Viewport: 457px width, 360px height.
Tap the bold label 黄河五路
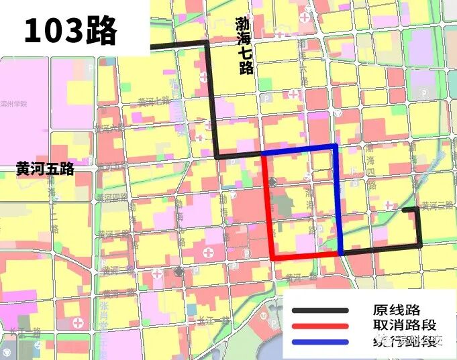(x=45, y=170)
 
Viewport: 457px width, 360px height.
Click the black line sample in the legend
(x=320, y=310)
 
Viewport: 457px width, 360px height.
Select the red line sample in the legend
(x=320, y=326)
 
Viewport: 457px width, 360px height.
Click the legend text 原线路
(x=396, y=310)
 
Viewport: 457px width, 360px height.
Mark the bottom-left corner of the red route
(x=273, y=257)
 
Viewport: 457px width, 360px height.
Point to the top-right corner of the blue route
(x=334, y=147)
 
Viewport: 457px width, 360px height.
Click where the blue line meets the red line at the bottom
(x=341, y=253)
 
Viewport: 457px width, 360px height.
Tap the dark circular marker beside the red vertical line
(x=272, y=182)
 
